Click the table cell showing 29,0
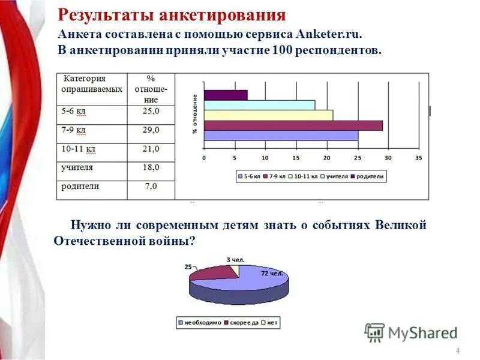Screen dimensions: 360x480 click(x=151, y=130)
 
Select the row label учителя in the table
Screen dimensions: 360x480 click(x=77, y=167)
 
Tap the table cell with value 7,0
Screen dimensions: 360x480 click(x=151, y=187)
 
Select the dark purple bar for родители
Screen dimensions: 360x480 click(x=226, y=95)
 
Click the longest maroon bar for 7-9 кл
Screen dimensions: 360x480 click(x=293, y=125)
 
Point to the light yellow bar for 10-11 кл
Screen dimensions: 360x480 click(x=268, y=115)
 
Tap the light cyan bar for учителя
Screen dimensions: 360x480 click(x=259, y=105)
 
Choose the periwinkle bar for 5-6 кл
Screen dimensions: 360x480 click(x=281, y=136)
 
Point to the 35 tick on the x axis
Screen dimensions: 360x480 click(x=419, y=158)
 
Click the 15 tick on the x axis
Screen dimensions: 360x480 click(x=296, y=158)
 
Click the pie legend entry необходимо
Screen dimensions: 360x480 click(x=202, y=323)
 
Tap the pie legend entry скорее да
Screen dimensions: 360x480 click(x=242, y=323)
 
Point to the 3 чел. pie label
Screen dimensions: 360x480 click(x=236, y=259)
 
